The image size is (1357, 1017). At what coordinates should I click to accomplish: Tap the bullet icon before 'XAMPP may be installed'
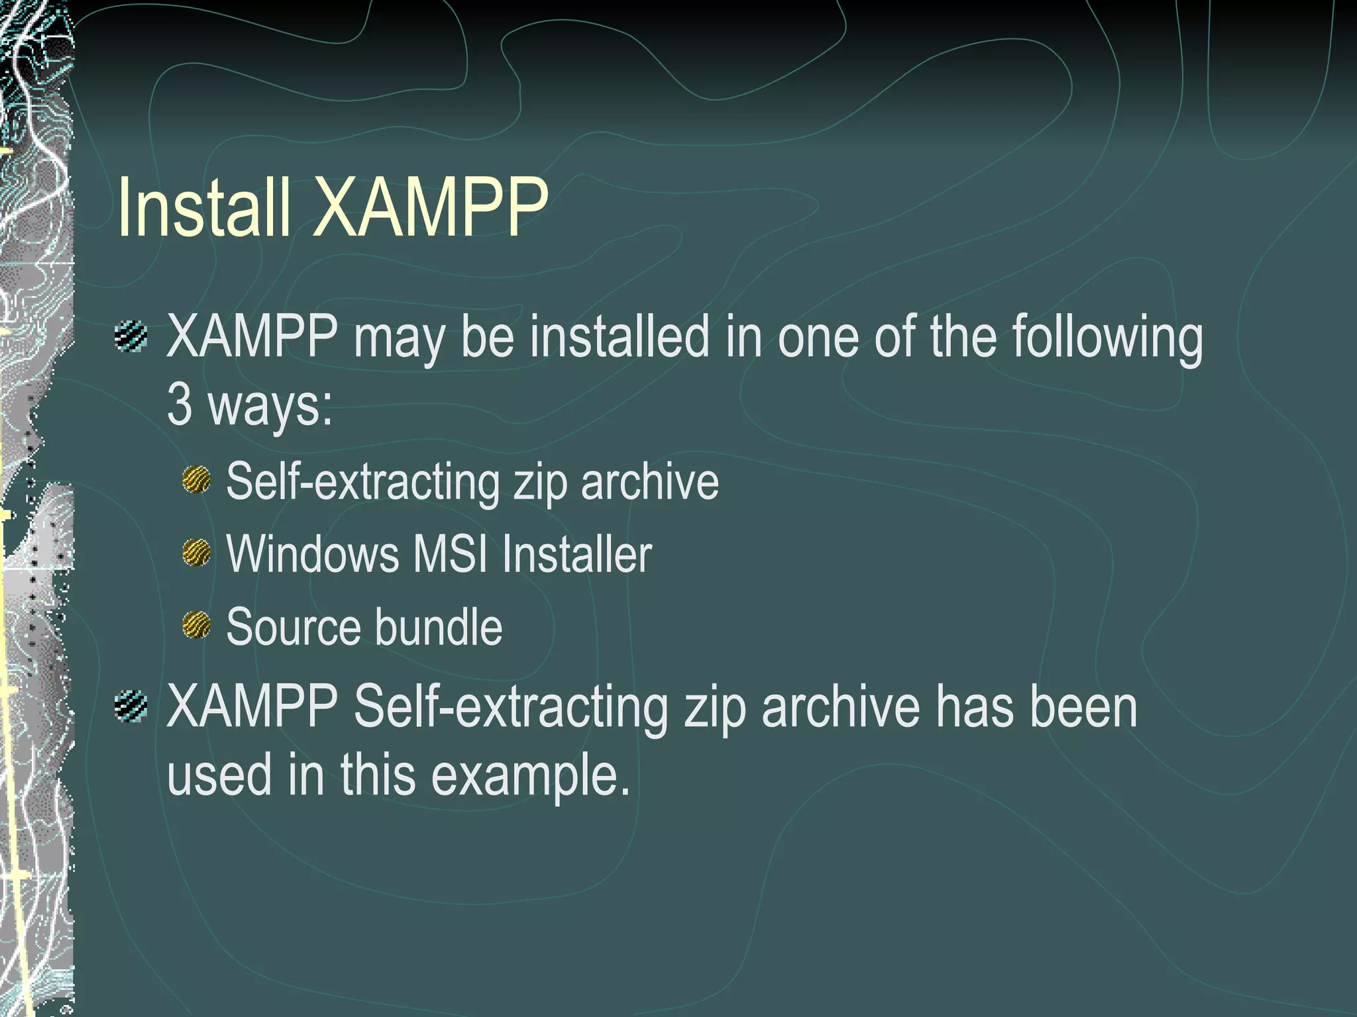pos(131,336)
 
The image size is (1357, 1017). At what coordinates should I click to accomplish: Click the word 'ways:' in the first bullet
pos(270,405)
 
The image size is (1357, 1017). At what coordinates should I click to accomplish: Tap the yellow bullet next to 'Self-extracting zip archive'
pos(197,479)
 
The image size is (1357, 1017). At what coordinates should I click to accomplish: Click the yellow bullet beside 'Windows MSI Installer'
pos(197,552)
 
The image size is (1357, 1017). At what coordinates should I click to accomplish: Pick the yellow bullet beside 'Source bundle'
pos(197,626)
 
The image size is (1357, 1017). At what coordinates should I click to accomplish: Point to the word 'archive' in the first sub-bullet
pos(649,481)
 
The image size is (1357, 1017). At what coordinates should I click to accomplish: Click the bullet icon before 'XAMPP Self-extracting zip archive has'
pos(131,706)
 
